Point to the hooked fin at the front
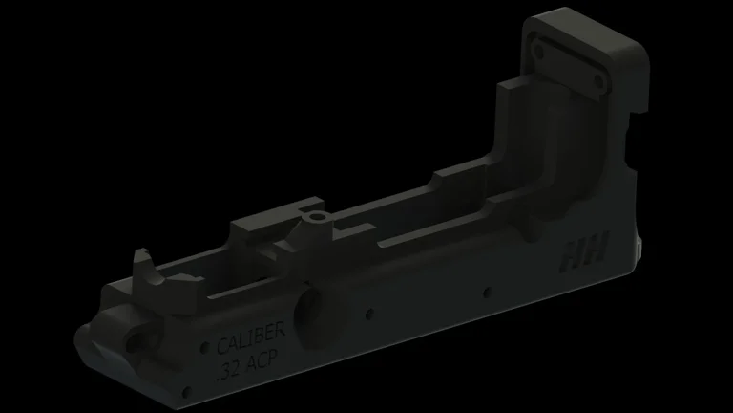click(x=143, y=265)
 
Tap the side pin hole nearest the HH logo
click(x=488, y=291)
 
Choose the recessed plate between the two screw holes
click(x=569, y=59)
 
